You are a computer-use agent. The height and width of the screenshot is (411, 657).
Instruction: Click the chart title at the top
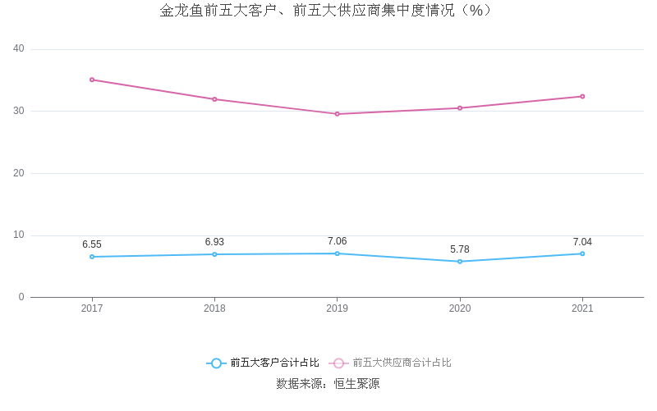point(328,11)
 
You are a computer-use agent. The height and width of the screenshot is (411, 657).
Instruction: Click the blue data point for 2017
point(92,257)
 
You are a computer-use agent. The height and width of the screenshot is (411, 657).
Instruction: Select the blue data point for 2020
point(460,262)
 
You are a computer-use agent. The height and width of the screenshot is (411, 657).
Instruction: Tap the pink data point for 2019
point(337,114)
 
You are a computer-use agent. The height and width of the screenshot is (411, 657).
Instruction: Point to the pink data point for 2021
point(582,96)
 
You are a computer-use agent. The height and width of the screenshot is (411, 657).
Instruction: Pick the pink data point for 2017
point(92,80)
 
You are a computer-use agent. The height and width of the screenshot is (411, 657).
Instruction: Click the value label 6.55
point(92,244)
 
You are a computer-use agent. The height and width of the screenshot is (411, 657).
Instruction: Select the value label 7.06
point(337,241)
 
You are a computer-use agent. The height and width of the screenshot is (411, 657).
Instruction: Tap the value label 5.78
point(460,249)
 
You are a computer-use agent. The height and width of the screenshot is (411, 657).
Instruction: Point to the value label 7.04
point(582,242)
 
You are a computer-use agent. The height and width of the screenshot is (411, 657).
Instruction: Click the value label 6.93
point(214,242)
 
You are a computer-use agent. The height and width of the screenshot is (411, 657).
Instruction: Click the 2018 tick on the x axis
point(214,308)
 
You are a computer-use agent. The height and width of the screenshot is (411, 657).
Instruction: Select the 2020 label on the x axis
point(460,308)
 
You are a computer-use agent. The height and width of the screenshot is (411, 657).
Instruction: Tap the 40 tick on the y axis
point(19,48)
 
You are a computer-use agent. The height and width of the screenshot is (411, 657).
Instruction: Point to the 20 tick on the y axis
point(19,173)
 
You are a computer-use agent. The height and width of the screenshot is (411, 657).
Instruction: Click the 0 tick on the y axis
point(21,297)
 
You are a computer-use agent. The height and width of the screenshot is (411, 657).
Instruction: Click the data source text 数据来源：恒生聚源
point(328,383)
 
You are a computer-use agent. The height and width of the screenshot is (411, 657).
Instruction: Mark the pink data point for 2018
point(214,99)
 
